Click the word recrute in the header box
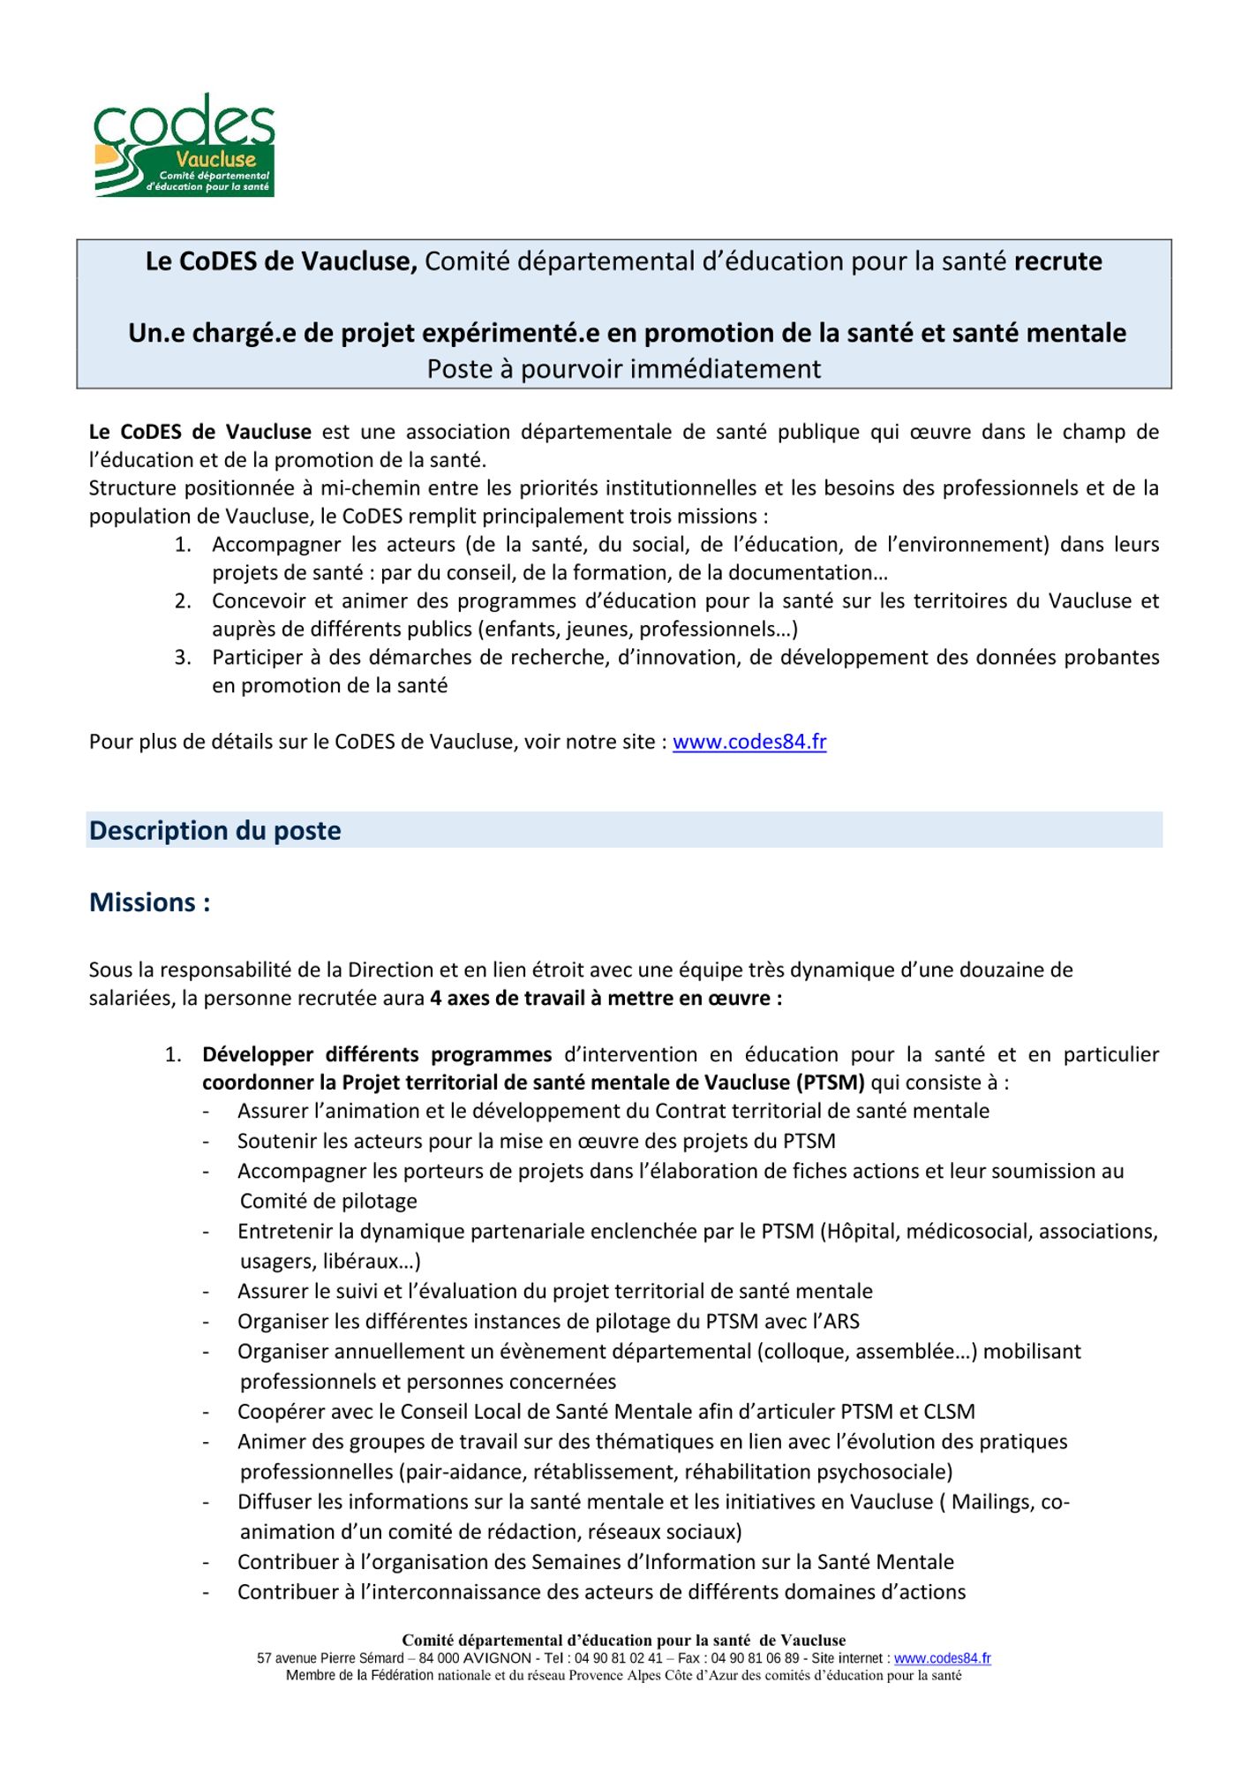coord(1057,261)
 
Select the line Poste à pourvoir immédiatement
coord(623,368)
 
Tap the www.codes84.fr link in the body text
coord(749,742)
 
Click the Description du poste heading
coord(214,831)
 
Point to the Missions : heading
coord(149,902)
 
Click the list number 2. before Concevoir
coord(183,601)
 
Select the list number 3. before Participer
coord(183,658)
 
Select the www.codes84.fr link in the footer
coord(942,1658)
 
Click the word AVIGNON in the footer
coord(497,1658)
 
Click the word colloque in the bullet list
coord(798,1352)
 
